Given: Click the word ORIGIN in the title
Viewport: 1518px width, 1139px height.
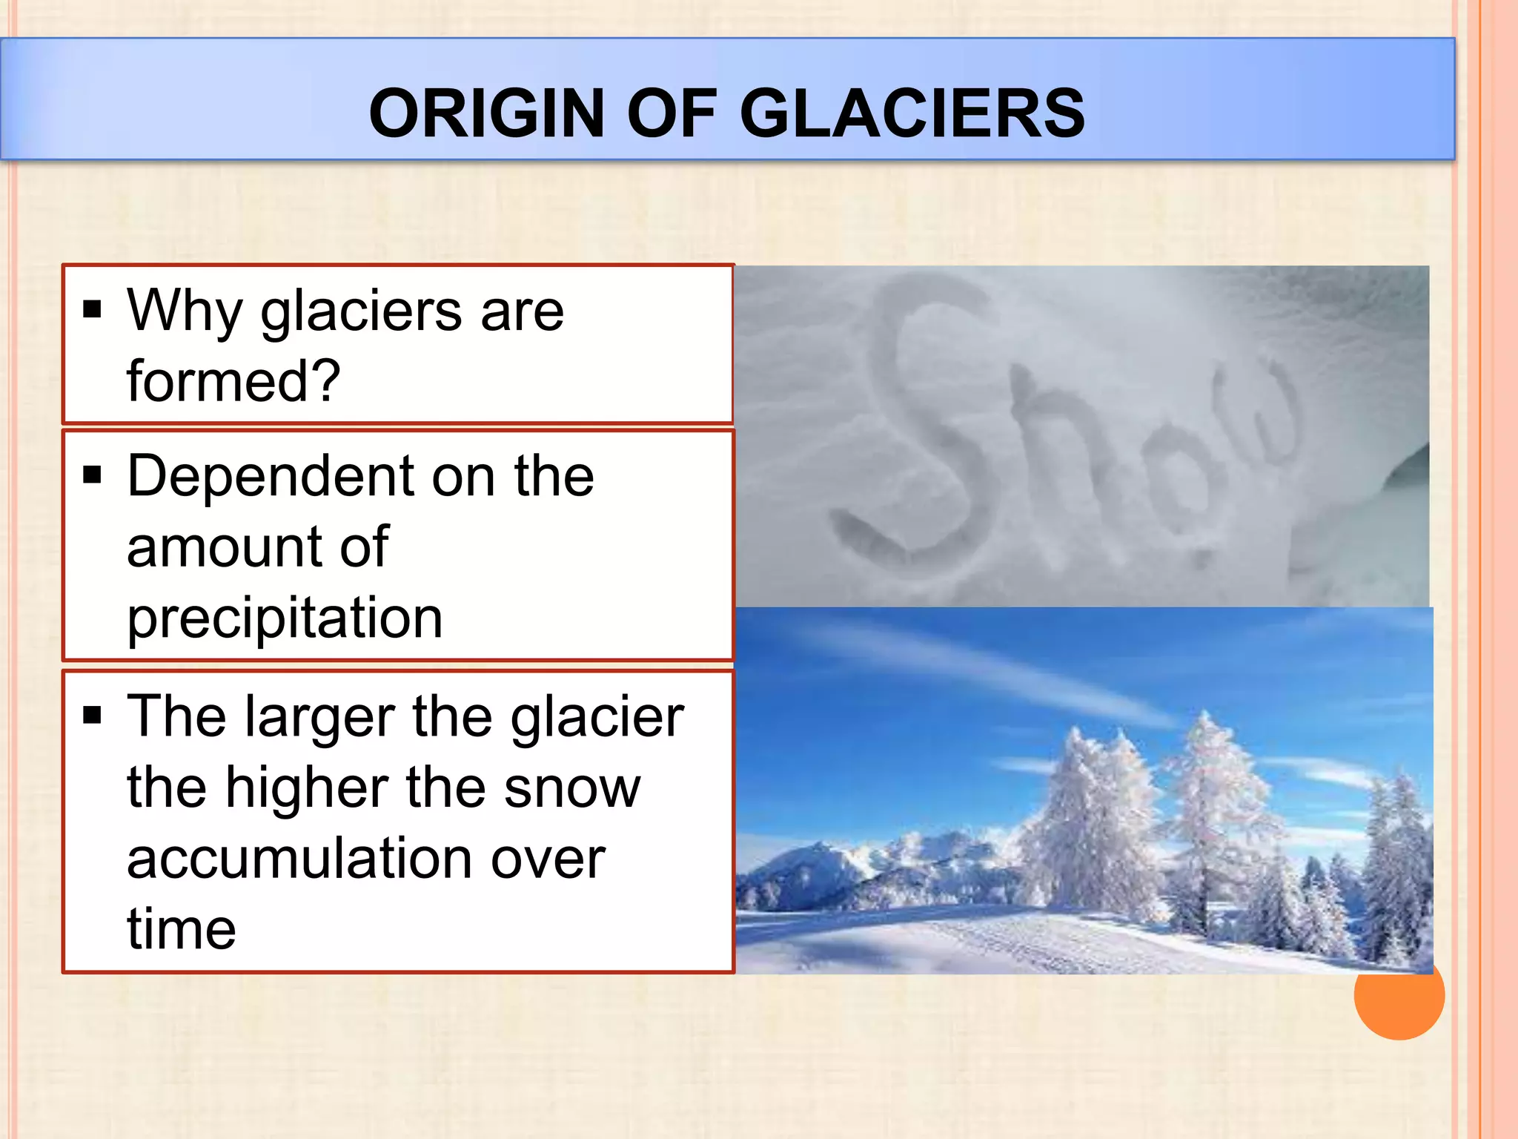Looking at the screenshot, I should click(486, 113).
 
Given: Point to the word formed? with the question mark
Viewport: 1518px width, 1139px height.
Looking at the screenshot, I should click(233, 381).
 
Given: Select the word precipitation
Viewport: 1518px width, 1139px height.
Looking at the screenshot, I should click(285, 618).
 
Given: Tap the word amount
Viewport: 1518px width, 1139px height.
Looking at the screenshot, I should click(222, 547).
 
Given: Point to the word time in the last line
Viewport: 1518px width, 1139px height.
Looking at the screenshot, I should click(182, 930).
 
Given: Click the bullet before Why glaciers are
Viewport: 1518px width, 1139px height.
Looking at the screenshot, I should click(92, 308).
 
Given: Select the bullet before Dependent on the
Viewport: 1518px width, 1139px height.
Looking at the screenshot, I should click(92, 474).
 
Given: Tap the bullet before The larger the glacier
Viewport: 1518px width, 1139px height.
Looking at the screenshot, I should click(92, 715).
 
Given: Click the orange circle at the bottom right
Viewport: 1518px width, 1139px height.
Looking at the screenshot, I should click(1399, 997).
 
